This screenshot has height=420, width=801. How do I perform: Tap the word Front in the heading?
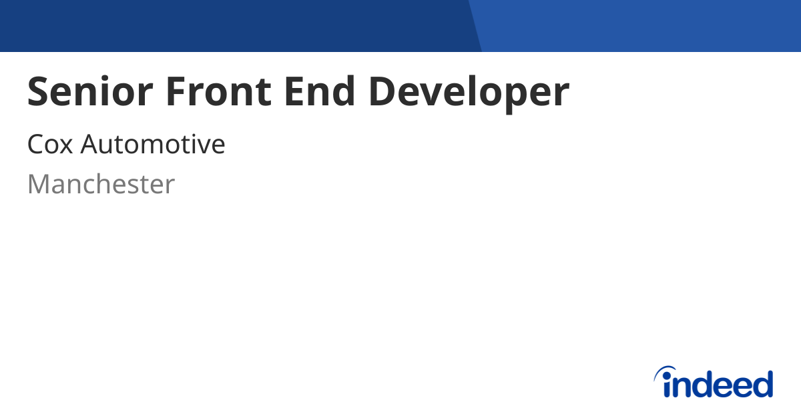coord(218,92)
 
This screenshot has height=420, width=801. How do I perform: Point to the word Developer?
coord(469,93)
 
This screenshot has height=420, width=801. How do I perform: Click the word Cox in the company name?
coord(49,145)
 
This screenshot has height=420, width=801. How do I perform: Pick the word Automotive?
coord(153,145)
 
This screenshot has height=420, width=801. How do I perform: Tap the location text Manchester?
coord(101,185)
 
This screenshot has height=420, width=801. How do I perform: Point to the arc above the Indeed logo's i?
coord(665,371)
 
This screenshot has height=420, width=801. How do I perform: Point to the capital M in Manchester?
coord(39,185)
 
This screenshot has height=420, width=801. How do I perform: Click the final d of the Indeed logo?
coord(762,384)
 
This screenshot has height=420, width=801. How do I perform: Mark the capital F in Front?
coord(176,92)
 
